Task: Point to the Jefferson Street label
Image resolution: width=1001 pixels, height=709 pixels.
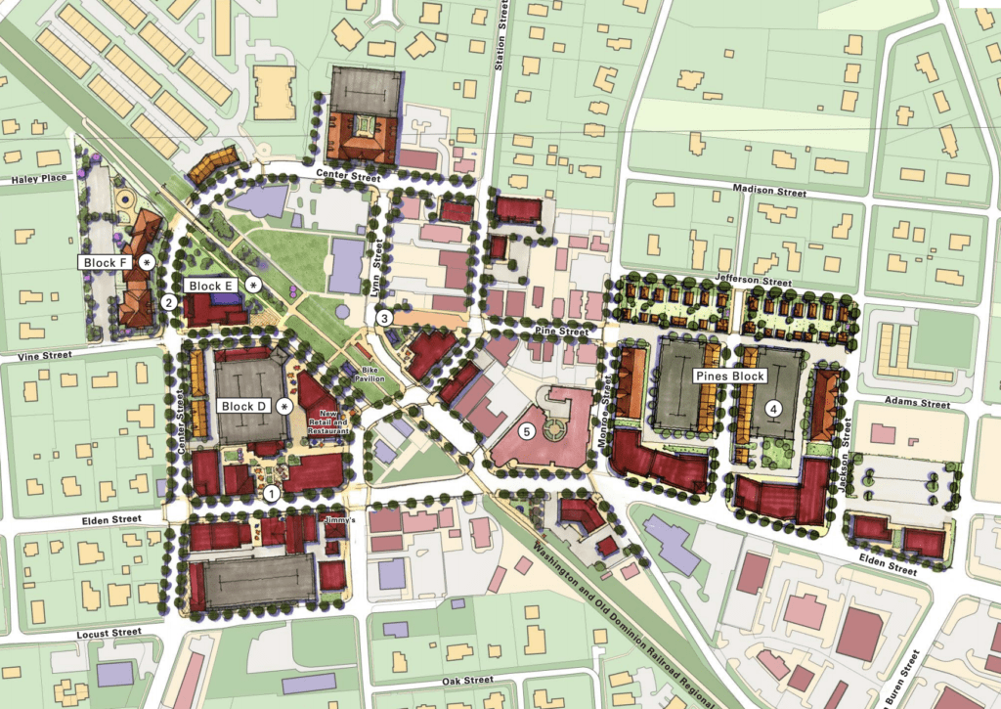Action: [x=754, y=282]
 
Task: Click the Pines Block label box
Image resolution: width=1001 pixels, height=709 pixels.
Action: [x=730, y=376]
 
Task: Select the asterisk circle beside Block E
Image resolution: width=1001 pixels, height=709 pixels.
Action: [x=254, y=285]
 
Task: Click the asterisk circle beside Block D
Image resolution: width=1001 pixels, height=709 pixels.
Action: [x=284, y=406]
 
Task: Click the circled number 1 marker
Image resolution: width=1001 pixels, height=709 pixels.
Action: [x=273, y=493]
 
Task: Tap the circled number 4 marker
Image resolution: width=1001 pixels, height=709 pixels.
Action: [x=774, y=408]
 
